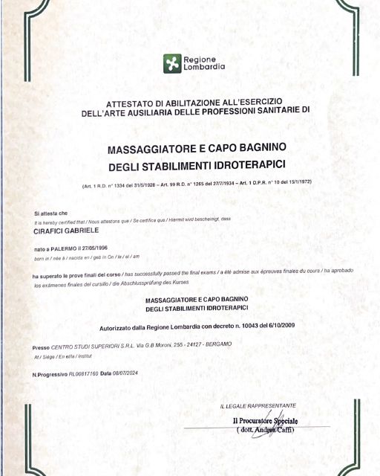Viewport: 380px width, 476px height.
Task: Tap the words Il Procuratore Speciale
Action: [263, 422]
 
